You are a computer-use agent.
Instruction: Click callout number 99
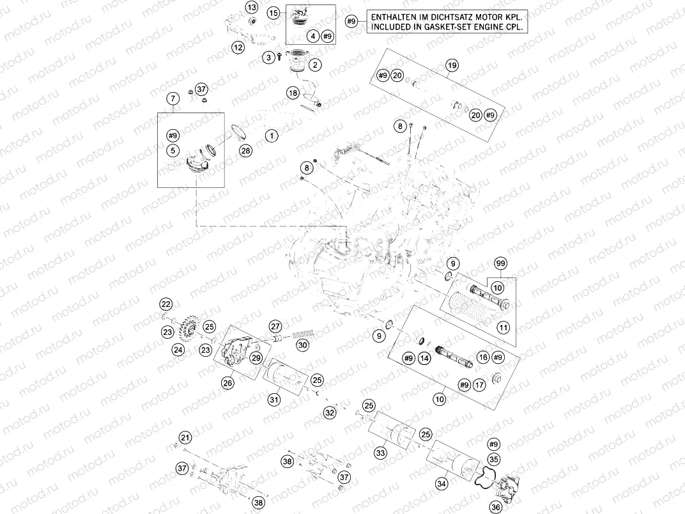point(501,264)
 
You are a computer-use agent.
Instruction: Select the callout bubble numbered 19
point(452,66)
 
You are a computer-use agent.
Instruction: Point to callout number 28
point(245,151)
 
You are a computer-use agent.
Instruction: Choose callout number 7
point(172,98)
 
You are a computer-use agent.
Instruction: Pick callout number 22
point(166,304)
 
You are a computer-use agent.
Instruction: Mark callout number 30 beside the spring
point(302,345)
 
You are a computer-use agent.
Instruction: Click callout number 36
point(496,507)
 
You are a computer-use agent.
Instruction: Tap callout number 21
point(185,438)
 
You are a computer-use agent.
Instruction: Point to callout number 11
point(504,327)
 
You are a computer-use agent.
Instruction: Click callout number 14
point(423,359)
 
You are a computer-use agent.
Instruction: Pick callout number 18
point(293,93)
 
